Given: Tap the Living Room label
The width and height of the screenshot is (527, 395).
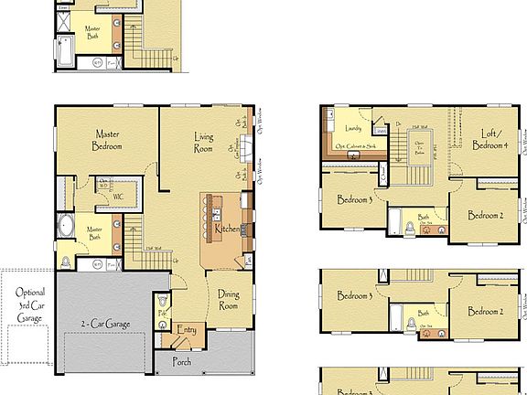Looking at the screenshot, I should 203,144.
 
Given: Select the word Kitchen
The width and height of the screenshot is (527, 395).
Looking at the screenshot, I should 228,228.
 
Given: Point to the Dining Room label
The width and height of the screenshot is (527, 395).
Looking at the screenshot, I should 228,301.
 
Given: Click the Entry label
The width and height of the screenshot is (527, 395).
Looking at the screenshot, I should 187,330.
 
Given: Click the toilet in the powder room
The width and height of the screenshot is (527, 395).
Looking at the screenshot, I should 162,300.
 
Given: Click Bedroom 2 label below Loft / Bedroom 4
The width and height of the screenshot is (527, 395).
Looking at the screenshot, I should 486,216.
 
